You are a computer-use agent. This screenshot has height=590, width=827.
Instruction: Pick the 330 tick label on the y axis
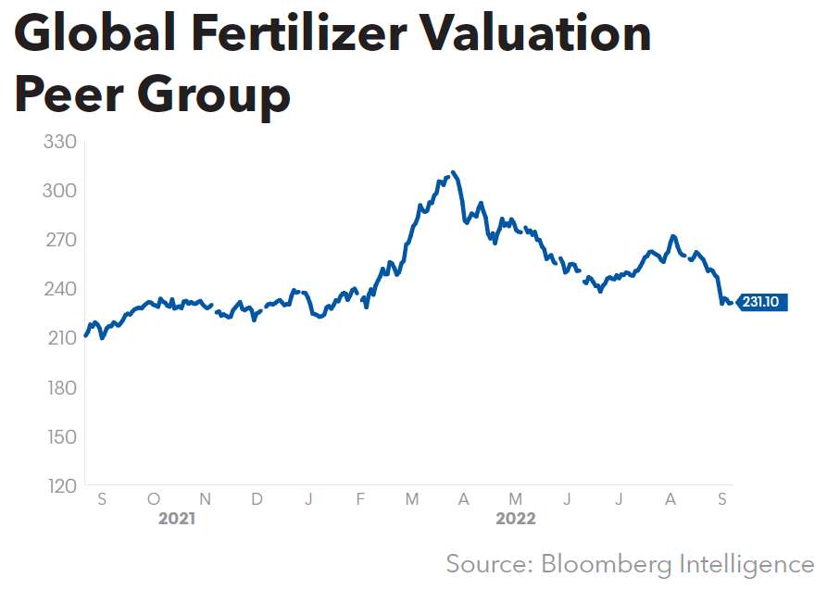pos(59,143)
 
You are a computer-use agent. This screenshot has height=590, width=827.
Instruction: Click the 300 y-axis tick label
pos(59,191)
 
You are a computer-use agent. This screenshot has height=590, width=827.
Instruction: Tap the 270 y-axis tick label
pos(59,240)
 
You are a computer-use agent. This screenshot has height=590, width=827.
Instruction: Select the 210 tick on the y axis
pos(59,338)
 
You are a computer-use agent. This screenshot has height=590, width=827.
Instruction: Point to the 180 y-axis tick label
pos(59,387)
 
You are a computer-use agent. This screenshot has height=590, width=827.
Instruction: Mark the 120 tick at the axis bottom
pos(59,485)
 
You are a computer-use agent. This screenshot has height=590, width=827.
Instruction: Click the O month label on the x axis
pos(154,499)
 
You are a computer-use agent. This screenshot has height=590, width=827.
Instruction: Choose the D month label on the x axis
pos(257,499)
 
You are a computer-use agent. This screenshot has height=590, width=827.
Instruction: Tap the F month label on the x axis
pos(360,499)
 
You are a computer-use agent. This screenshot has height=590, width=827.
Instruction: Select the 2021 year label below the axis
pos(176,519)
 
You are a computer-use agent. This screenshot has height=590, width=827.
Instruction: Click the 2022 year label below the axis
pos(516,519)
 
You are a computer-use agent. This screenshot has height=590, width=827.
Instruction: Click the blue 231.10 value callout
pos(762,303)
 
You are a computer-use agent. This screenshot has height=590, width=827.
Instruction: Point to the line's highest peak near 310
pos(452,172)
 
